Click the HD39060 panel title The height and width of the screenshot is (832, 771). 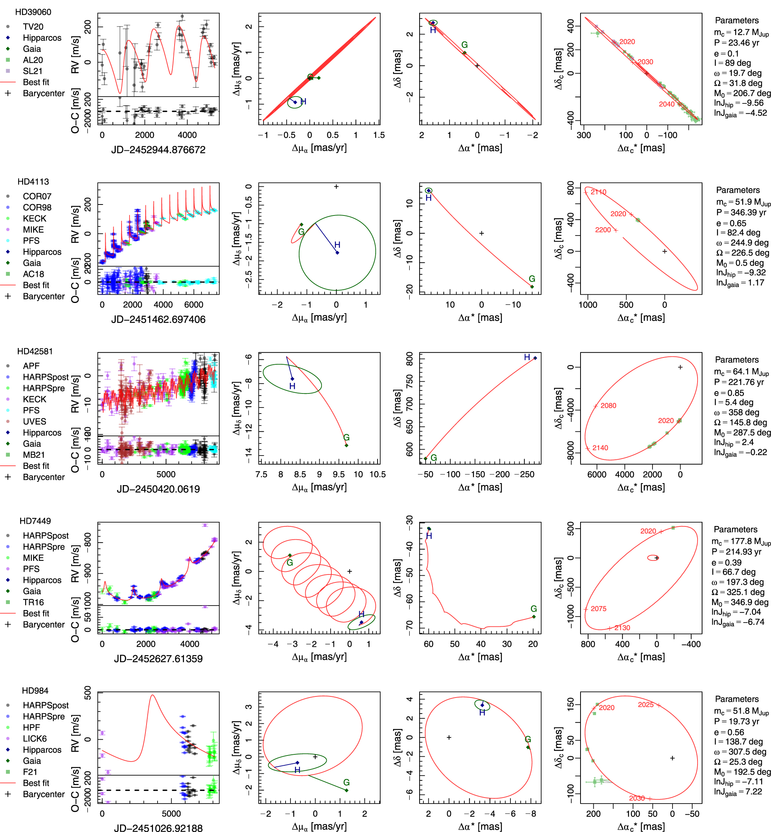point(33,12)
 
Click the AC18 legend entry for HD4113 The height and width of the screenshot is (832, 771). point(33,274)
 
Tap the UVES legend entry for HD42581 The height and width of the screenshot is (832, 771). point(34,421)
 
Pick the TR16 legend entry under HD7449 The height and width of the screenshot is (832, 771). point(33,602)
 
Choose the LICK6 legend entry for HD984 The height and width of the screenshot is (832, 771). point(34,738)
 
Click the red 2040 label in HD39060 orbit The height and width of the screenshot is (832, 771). point(666,104)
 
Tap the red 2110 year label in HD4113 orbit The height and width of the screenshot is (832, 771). point(598,192)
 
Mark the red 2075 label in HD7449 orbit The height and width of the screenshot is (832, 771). point(598,609)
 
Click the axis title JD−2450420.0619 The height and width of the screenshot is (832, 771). point(158,489)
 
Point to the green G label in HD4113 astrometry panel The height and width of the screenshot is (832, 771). point(532,279)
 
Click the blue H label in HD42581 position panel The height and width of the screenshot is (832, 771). point(527,357)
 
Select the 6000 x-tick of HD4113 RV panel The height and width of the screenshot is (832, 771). point(194,304)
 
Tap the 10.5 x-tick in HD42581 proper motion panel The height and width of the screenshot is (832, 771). point(377,475)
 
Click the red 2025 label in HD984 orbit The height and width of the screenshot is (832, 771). point(645,705)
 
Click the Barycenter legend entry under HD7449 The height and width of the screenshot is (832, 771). point(44,624)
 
